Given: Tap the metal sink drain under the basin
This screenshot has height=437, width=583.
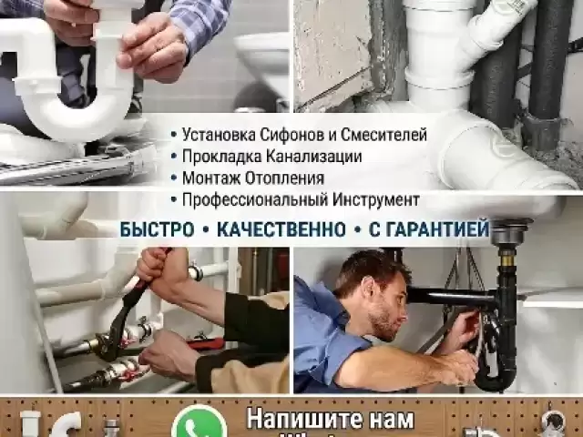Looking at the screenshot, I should pos(506,239).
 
